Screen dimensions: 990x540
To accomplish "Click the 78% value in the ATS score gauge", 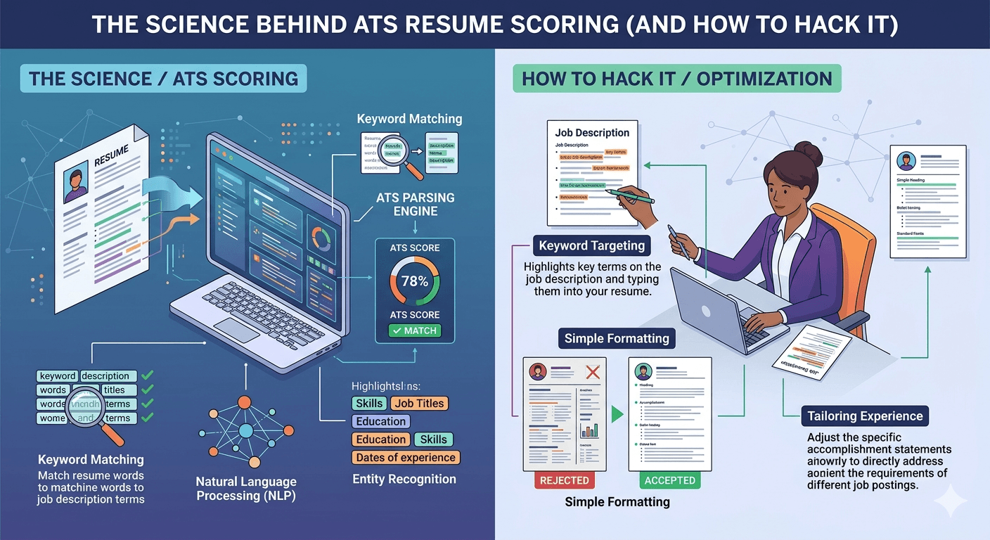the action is [x=414, y=281].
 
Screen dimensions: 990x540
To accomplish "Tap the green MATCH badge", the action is [x=415, y=330].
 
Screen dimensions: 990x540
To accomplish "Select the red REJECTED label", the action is [x=564, y=480].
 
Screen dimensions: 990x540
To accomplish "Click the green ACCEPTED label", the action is [x=669, y=480].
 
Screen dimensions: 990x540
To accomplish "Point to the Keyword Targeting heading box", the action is [x=591, y=246].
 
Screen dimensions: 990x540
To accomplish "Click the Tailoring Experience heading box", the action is [x=865, y=416].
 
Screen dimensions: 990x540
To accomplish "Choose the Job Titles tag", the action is [x=419, y=403].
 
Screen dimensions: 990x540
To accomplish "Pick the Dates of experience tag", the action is [x=406, y=458].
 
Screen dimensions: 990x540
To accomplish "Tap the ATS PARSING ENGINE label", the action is [x=416, y=204].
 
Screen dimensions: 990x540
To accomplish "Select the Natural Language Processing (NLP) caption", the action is [x=246, y=489].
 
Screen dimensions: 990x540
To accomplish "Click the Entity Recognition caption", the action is [x=404, y=480].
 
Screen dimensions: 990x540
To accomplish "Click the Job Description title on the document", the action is [x=592, y=132].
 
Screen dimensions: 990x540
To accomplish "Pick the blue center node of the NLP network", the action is [x=245, y=430].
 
